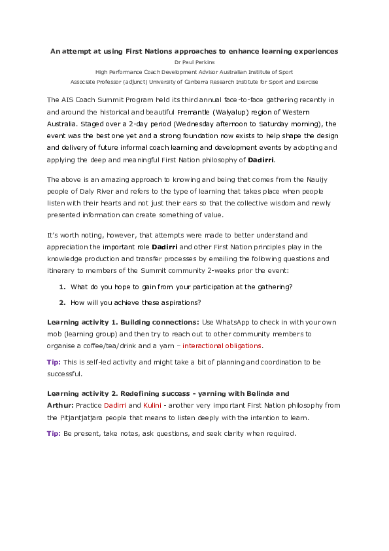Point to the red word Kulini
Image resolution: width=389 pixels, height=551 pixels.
click(x=152, y=405)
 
